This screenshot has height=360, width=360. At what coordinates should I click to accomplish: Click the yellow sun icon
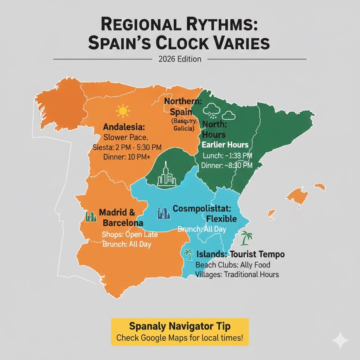click(122, 111)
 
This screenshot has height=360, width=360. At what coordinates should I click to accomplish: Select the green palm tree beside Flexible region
click(246, 238)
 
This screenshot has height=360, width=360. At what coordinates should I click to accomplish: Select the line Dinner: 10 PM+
click(127, 157)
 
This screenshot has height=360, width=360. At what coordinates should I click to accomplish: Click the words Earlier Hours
click(225, 144)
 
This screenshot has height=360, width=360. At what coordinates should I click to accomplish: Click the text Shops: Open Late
click(130, 234)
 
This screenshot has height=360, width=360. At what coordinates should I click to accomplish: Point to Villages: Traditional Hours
click(237, 274)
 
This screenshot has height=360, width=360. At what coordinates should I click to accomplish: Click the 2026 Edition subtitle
click(180, 59)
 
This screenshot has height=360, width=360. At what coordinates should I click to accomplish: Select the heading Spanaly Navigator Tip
click(180, 326)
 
